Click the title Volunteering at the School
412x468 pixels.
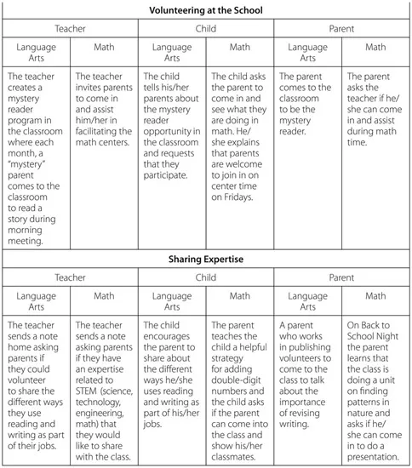[205, 10]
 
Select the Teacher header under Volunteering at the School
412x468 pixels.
[69, 28]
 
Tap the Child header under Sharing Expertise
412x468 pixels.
[205, 277]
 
